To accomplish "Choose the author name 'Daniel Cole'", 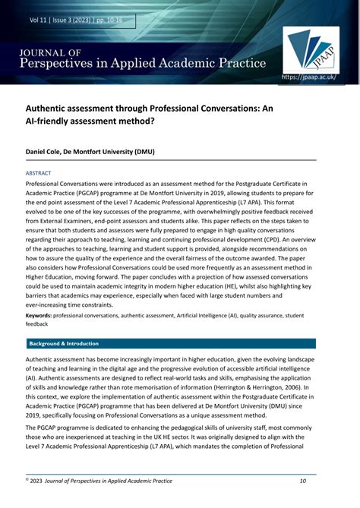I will click(x=47, y=152).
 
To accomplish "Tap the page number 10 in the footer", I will click(x=302, y=480).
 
